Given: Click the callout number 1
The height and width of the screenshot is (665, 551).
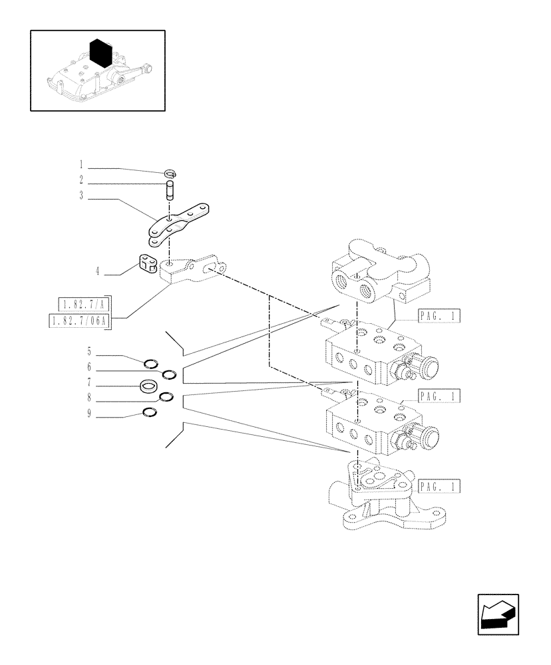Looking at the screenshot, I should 81,164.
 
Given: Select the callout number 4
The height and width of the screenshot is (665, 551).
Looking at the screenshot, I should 97,271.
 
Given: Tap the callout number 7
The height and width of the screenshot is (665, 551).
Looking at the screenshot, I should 88,384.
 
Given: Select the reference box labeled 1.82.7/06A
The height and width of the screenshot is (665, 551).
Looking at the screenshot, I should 80,322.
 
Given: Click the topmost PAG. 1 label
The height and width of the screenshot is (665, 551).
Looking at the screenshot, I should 439,317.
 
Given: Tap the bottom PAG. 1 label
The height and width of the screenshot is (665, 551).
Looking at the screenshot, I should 439,486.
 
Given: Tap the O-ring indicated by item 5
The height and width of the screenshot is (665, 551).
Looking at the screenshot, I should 151,362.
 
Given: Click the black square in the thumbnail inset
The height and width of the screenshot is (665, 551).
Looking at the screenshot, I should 99,53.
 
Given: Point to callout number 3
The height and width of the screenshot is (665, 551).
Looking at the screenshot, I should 81,197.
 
